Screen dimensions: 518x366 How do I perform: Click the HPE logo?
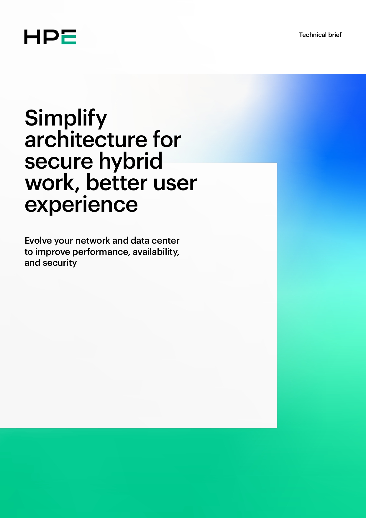(50, 37)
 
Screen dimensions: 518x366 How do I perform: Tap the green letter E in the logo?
(69, 37)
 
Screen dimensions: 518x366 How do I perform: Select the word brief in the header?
(335, 35)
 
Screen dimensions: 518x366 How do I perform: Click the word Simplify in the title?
(65, 118)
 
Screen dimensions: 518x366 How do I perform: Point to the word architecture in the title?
(86, 140)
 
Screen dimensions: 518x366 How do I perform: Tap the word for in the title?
(167, 140)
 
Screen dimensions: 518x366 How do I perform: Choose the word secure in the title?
(59, 161)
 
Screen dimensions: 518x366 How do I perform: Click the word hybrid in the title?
(130, 161)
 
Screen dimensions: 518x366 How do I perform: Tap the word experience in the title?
(81, 205)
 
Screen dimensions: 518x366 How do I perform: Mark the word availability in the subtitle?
(156, 252)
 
